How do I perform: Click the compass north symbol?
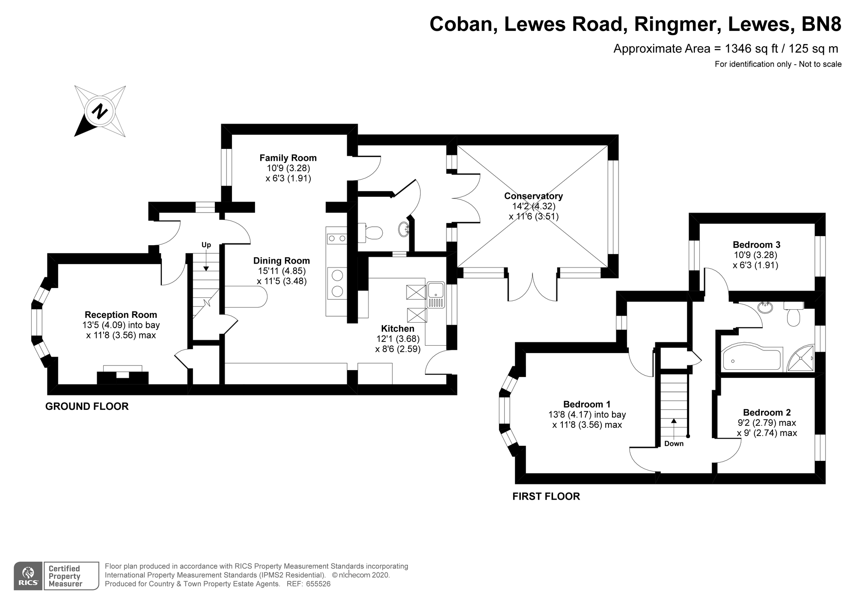(x=100, y=111)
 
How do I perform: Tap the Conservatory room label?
(x=533, y=196)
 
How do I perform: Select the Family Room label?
(x=288, y=158)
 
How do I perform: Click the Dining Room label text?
(x=282, y=261)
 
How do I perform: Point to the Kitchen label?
(x=398, y=329)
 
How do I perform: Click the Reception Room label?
(x=121, y=315)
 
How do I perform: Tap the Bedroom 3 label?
(x=756, y=245)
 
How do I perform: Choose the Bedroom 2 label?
(x=767, y=412)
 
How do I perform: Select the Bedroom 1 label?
(x=587, y=404)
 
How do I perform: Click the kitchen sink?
(x=436, y=295)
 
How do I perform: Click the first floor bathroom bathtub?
(x=752, y=359)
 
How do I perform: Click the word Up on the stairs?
(x=206, y=245)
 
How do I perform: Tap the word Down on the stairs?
(x=674, y=444)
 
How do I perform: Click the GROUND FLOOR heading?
(x=87, y=406)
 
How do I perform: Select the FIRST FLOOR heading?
(x=546, y=496)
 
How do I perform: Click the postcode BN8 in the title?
(x=820, y=24)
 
